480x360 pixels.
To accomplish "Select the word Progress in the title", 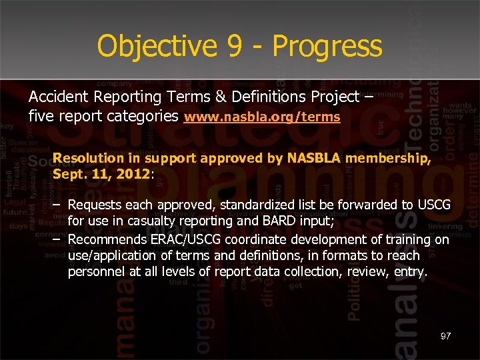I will tap(327, 47).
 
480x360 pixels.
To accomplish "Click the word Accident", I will tap(55, 97).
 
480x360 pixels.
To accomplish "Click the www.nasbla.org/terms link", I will tap(262, 117).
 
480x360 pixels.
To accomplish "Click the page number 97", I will tap(445, 336).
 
